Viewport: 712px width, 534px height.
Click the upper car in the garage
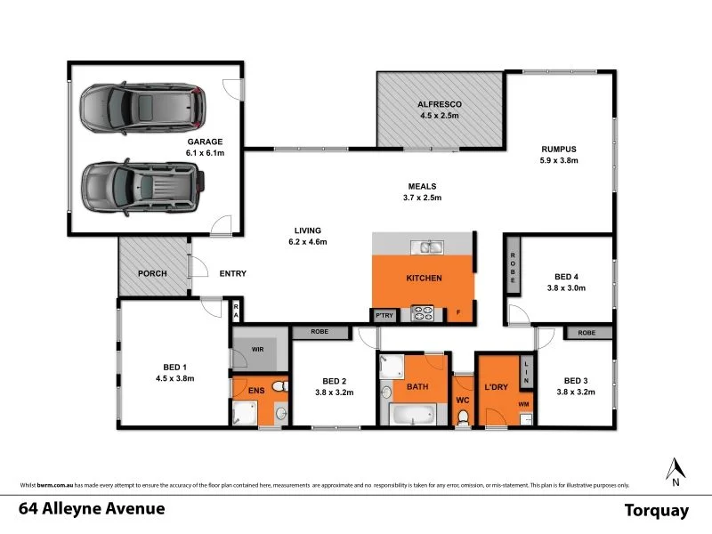coord(142,107)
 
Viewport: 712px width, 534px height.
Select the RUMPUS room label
coord(560,149)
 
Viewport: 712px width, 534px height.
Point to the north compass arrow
coord(676,467)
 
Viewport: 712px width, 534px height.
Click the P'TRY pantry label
coord(384,314)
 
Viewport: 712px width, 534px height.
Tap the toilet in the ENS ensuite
coord(279,386)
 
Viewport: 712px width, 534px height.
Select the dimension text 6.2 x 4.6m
coord(307,242)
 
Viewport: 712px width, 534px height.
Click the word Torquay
coord(657,510)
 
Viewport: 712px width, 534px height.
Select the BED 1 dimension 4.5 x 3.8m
coord(174,378)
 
